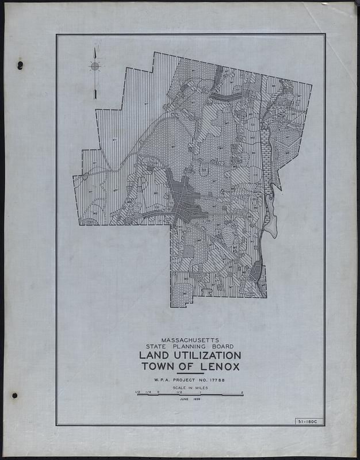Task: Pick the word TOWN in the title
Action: click(x=160, y=367)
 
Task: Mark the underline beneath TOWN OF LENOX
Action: click(x=189, y=374)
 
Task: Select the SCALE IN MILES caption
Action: click(x=189, y=389)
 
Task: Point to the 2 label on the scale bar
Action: click(x=243, y=392)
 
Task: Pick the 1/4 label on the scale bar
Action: click(x=148, y=392)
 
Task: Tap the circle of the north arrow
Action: click(x=95, y=66)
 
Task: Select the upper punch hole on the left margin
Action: click(x=20, y=64)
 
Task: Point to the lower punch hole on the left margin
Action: click(x=14, y=396)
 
